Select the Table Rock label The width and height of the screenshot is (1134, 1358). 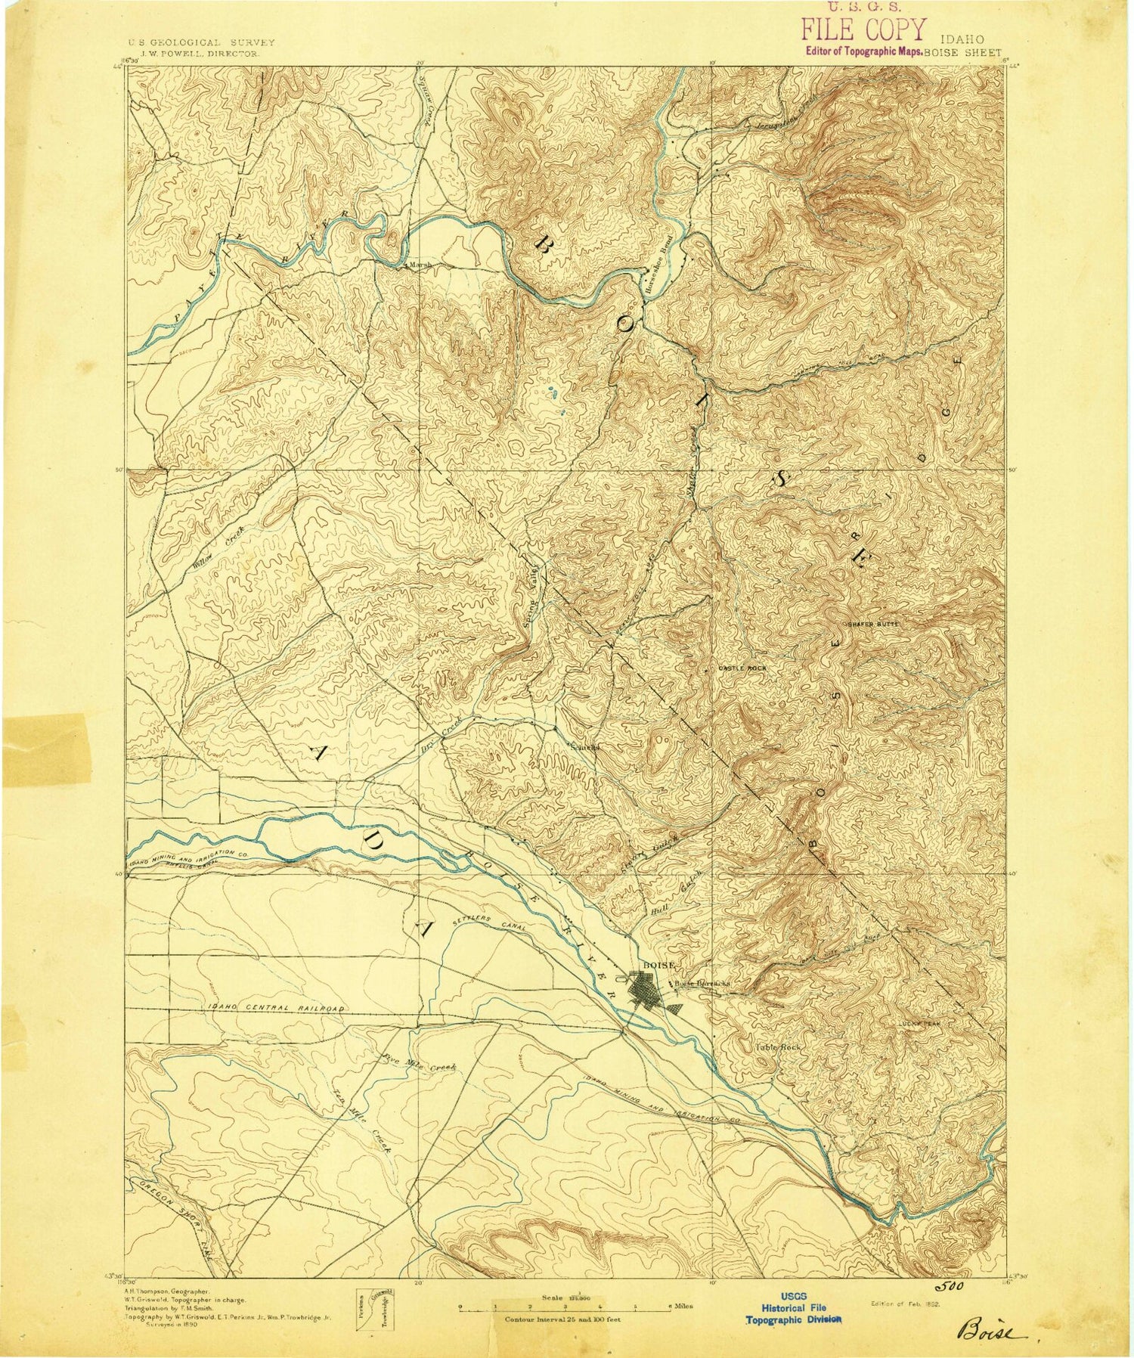(x=777, y=1048)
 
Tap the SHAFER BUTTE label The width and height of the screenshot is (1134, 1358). (x=870, y=623)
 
